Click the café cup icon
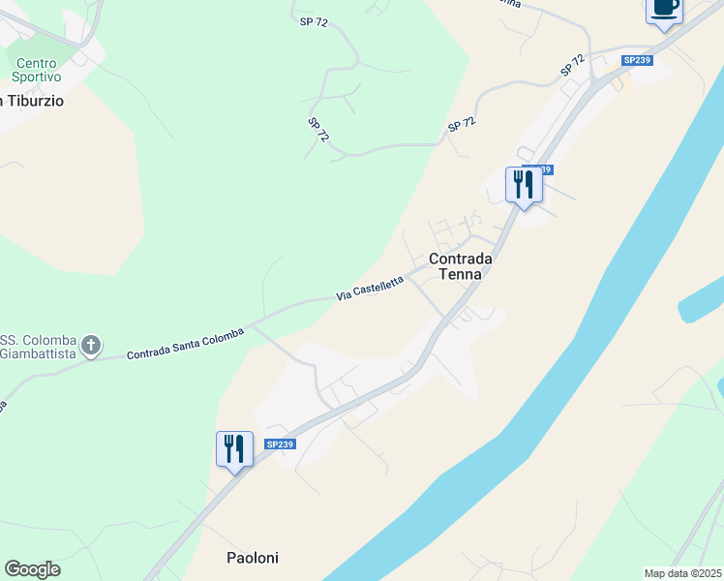click(x=664, y=9)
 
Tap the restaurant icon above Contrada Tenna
click(x=524, y=184)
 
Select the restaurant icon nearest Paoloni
click(x=234, y=448)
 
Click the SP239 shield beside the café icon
click(x=637, y=60)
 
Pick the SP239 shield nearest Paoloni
click(x=279, y=443)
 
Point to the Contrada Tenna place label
click(x=461, y=266)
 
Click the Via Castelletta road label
click(x=370, y=287)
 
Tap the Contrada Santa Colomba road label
click(x=185, y=343)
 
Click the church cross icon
click(x=91, y=346)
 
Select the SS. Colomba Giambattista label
click(x=38, y=347)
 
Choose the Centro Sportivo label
click(x=38, y=70)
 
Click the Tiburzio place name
click(x=35, y=100)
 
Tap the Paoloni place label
click(x=253, y=558)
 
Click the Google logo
click(x=32, y=569)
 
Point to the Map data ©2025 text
click(x=683, y=573)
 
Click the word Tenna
click(x=461, y=274)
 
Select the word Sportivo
click(x=38, y=76)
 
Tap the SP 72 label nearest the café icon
click(x=573, y=66)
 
